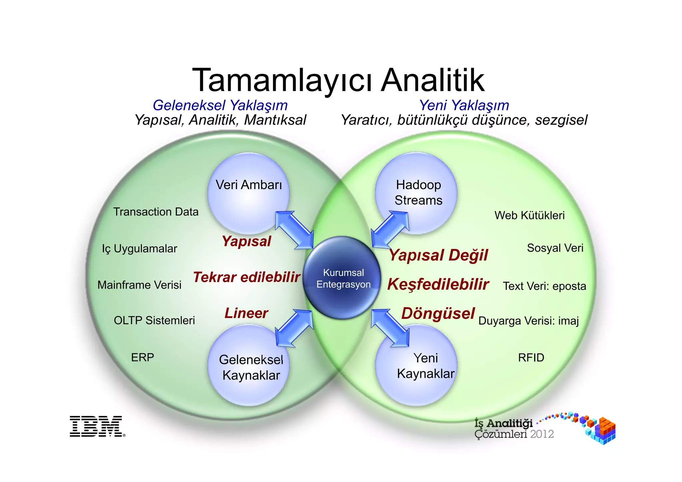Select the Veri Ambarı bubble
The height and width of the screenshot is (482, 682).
click(x=248, y=193)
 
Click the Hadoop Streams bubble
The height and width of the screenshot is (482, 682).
click(x=416, y=193)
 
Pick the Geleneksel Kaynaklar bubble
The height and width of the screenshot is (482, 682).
click(x=249, y=366)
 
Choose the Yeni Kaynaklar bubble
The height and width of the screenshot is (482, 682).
click(x=416, y=366)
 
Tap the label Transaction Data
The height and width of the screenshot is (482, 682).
click(x=156, y=212)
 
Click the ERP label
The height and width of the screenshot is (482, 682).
click(x=143, y=358)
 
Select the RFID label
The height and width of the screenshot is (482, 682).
click(x=531, y=358)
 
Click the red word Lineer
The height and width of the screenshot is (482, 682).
click(x=246, y=313)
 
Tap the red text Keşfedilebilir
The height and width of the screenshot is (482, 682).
click(x=438, y=285)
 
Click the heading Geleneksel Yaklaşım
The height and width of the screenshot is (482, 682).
click(x=220, y=106)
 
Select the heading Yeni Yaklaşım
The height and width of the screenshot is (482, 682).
click(x=464, y=106)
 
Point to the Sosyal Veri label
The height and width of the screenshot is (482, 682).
click(x=555, y=248)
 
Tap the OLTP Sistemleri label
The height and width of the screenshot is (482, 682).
click(x=154, y=321)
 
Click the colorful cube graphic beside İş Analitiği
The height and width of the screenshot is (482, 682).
click(x=599, y=429)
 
